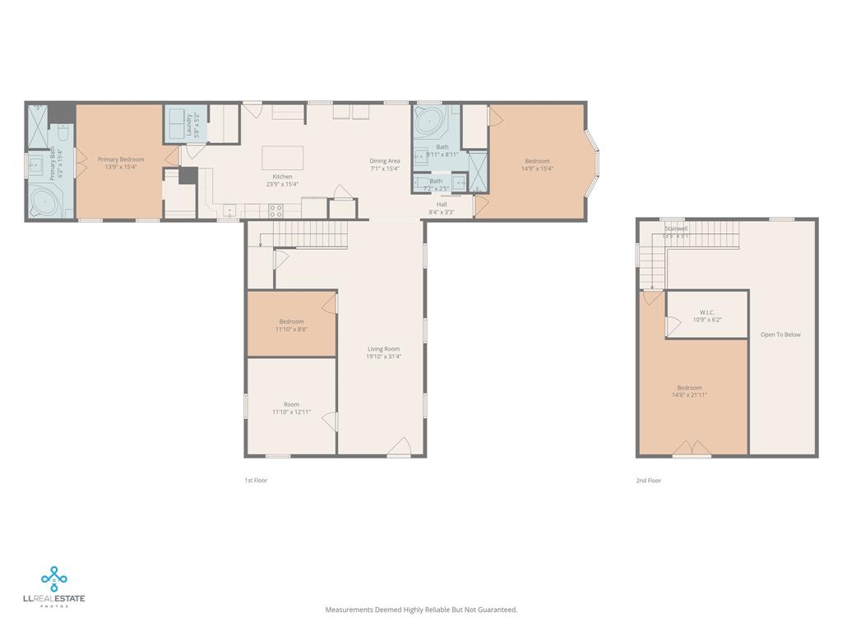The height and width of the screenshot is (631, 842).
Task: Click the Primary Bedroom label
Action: (x=121, y=159)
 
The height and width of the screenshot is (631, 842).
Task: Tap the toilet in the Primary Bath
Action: (x=62, y=133)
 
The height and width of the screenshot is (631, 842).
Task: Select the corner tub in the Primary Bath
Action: (x=41, y=201)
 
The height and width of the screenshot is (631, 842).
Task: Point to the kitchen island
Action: (x=282, y=158)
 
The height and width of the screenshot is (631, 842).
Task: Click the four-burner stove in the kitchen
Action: (x=275, y=210)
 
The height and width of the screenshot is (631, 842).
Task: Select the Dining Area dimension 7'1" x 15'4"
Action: (x=384, y=169)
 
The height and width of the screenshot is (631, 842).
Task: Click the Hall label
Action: (x=442, y=204)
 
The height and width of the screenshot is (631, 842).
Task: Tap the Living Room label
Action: (x=383, y=349)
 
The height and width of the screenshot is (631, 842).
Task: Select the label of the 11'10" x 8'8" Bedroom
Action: (x=291, y=321)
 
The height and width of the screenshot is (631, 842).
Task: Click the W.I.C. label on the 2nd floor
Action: (x=706, y=312)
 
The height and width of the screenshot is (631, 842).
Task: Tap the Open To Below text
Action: (x=780, y=335)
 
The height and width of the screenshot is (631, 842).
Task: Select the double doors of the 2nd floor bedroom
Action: (x=692, y=449)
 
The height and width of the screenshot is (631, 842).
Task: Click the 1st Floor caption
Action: (x=256, y=480)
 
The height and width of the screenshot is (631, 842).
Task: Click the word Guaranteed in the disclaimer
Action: (x=497, y=610)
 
